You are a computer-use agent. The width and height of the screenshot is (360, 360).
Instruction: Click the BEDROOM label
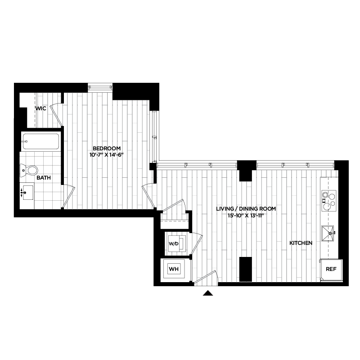click(x=107, y=148)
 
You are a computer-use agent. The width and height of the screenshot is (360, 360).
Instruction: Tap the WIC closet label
click(x=41, y=108)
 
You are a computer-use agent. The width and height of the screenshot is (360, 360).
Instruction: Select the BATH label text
click(x=44, y=178)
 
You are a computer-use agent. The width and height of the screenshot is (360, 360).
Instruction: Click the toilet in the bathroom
click(x=31, y=171)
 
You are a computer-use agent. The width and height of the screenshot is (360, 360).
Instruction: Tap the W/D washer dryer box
click(x=174, y=243)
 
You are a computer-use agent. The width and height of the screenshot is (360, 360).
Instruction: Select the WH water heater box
click(x=174, y=269)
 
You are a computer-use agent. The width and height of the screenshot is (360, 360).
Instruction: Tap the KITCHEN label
click(x=301, y=243)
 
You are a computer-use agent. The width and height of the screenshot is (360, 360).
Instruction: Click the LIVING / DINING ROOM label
click(x=246, y=209)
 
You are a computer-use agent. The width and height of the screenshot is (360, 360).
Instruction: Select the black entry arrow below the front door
click(x=207, y=293)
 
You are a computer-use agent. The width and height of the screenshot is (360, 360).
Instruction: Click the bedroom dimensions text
click(x=107, y=155)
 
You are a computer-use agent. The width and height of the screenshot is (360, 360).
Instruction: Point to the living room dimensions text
click(x=246, y=215)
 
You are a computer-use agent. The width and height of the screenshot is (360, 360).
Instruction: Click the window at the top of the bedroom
click(x=100, y=86)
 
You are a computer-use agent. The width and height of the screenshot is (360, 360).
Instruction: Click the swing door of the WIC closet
click(x=56, y=115)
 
